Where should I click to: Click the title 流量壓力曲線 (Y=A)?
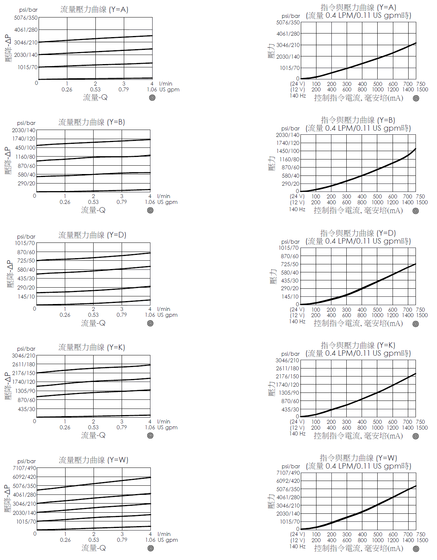tap(94, 9)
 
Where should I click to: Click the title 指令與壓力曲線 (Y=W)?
tap(358, 458)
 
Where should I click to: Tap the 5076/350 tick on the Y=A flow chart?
tap(26, 18)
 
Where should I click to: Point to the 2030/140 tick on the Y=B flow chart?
tap(24, 130)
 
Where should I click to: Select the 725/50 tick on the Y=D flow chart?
tap(26, 261)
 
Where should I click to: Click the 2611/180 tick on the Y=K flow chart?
tap(24, 364)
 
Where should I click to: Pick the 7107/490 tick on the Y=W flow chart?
tap(24, 468)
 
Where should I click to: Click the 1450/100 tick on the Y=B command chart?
tap(288, 151)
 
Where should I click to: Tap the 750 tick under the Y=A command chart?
tap(421, 84)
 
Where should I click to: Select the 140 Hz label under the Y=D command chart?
tap(298, 321)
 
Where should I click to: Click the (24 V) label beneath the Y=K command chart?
tap(297, 422)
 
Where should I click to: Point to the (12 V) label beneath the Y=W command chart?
tap(298, 540)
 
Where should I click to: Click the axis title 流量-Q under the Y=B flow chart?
tap(93, 210)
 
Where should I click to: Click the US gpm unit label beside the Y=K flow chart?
tap(168, 427)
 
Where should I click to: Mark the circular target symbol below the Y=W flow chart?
tap(151, 548)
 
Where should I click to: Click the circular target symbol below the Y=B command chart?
tap(416, 211)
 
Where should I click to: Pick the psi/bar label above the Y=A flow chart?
tap(28, 10)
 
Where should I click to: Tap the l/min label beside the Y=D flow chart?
tap(164, 309)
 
